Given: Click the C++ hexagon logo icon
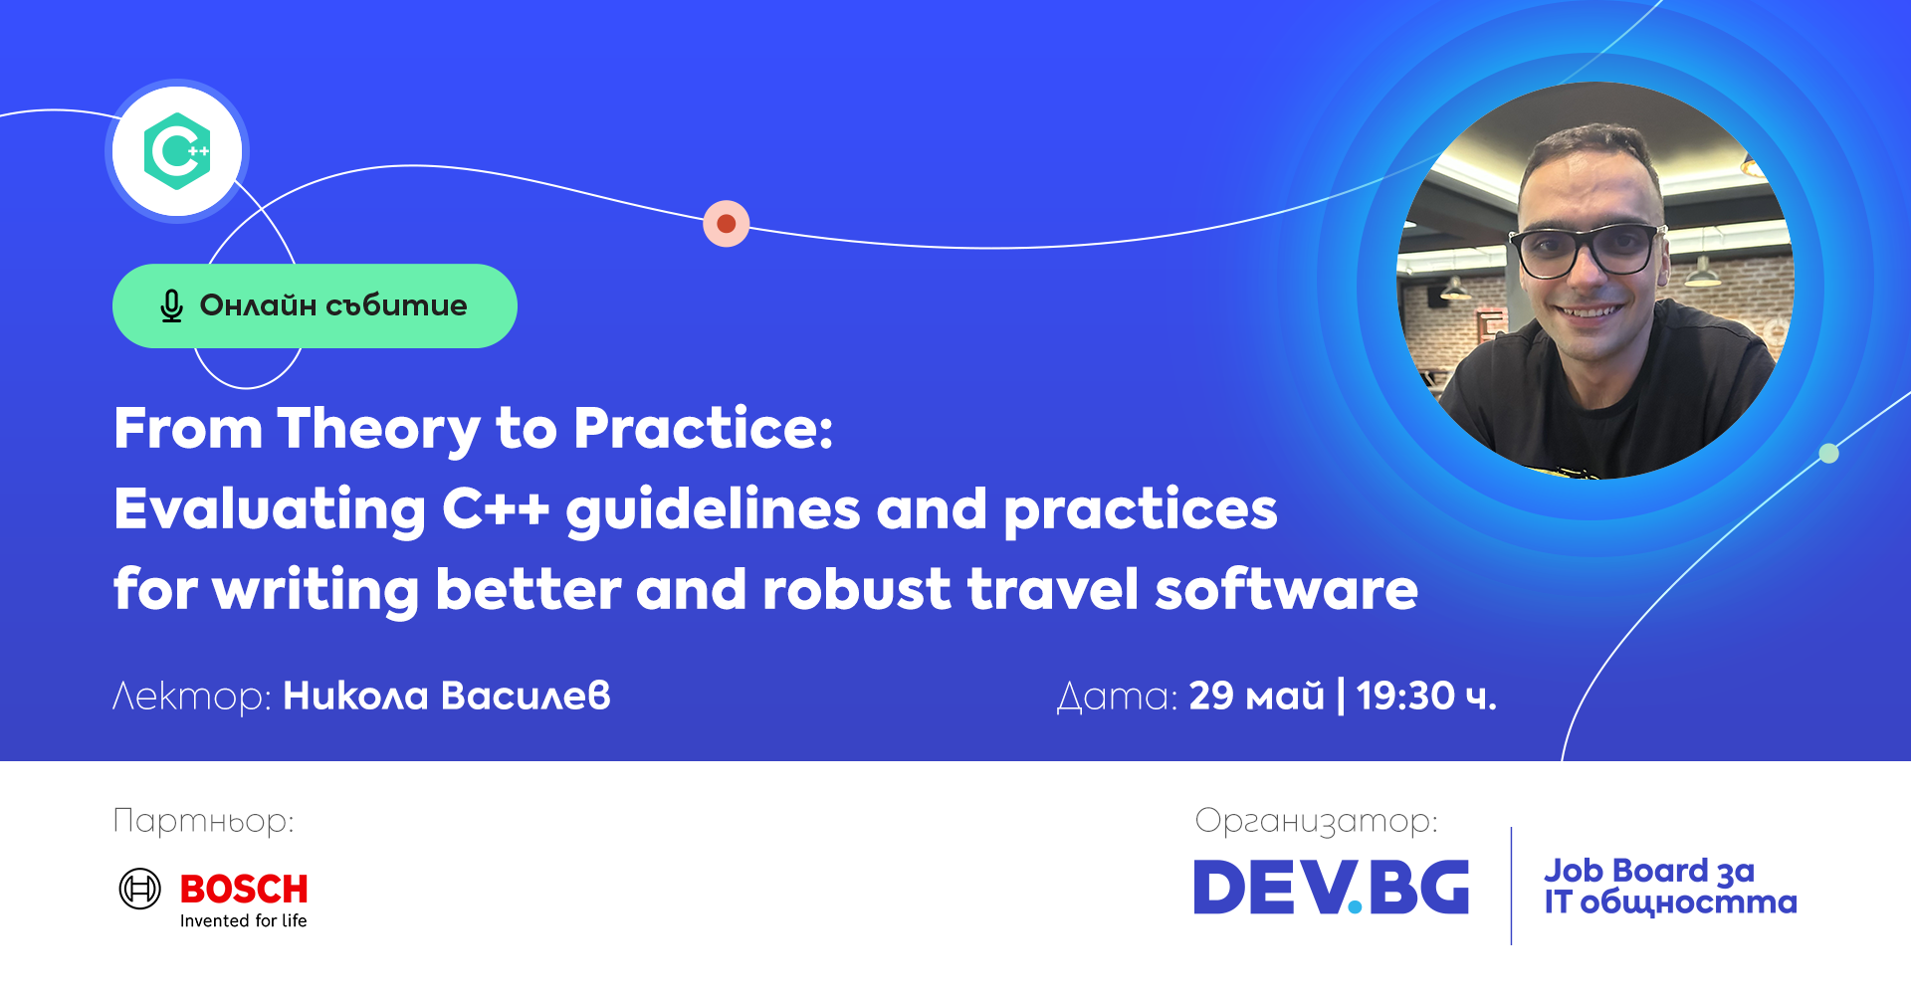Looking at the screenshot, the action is point(177,151).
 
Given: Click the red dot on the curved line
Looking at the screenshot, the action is point(727,224).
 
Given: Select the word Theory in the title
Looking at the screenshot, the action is point(379,430).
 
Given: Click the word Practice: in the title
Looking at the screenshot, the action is point(703,428).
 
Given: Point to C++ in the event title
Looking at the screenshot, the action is point(496,508).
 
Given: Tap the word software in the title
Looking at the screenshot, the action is point(1286,588).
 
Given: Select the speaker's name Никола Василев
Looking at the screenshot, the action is point(447,696).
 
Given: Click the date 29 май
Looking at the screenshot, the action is point(1257,696).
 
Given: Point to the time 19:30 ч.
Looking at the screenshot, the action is point(1426,696).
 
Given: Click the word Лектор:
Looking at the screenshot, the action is point(192,697).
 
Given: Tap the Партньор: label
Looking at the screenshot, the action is point(204,821).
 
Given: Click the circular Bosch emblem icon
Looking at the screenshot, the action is point(139,889).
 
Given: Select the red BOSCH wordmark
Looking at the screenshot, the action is point(244,889).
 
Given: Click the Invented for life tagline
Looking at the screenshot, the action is point(244,921).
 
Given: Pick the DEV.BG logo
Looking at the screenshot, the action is point(1332,887).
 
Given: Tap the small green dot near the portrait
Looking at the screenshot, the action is point(1829,454).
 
